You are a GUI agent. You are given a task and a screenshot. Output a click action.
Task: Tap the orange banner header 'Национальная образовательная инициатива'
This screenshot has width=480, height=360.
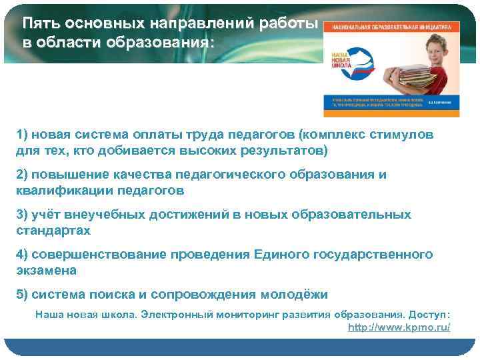point(392,27)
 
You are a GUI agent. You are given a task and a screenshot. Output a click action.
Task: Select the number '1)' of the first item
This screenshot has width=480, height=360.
point(23,135)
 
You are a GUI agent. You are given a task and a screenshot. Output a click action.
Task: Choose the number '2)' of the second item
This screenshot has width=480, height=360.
point(23,174)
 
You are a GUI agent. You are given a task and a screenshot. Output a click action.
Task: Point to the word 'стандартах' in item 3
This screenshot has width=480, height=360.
point(53,231)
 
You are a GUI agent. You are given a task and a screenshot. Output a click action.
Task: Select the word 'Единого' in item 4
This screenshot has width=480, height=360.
point(279,255)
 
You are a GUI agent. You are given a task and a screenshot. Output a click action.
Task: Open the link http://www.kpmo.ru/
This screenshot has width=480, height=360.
point(399,327)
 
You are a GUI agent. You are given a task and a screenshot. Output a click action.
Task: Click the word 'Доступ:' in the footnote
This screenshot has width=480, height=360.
point(429,314)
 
